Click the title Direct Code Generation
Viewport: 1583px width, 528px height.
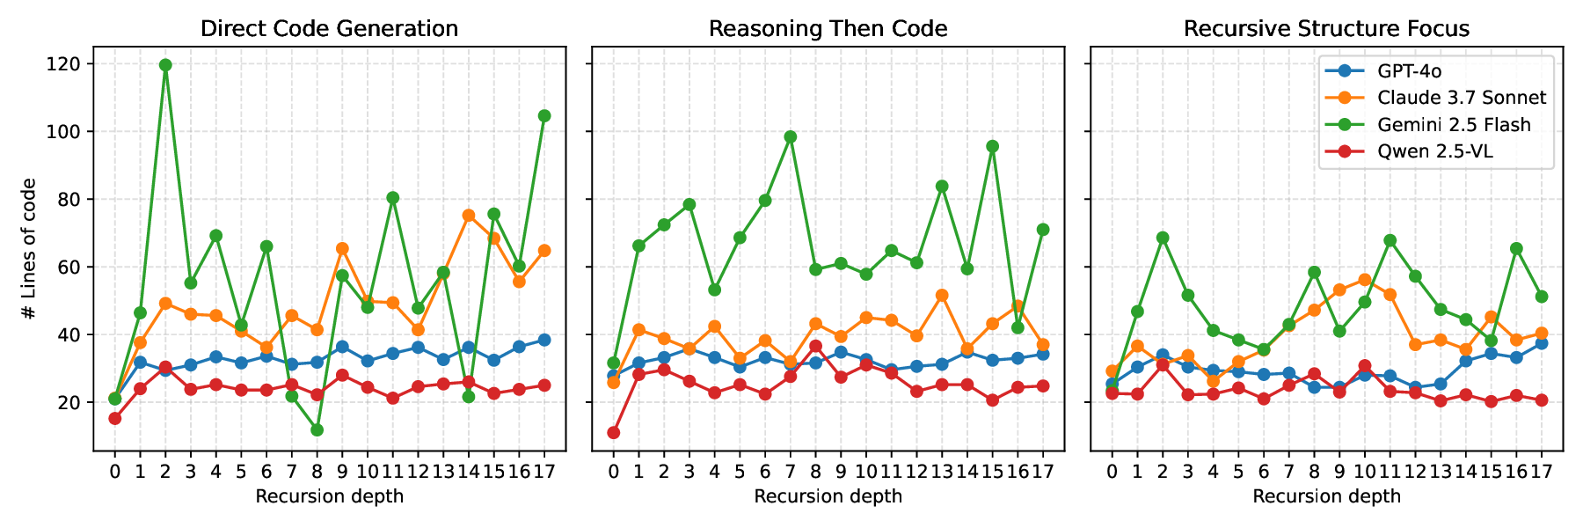coord(329,29)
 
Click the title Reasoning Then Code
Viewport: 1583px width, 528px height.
coord(828,29)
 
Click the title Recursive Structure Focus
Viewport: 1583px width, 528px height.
coord(1326,29)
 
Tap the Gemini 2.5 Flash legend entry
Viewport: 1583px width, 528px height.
coord(1454,125)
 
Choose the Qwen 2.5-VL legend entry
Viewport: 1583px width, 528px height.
coord(1434,152)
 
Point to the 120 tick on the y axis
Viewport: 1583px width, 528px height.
coord(69,64)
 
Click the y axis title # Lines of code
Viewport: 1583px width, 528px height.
coord(29,249)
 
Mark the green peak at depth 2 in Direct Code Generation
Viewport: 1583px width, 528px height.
coord(165,65)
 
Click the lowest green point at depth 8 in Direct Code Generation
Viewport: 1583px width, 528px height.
coord(317,430)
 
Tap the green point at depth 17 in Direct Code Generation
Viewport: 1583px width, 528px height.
coord(544,116)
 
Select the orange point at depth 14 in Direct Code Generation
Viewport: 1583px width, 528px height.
coord(469,216)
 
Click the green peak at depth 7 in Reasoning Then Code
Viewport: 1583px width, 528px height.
coord(790,137)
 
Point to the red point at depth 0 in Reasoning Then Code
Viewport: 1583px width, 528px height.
coord(613,433)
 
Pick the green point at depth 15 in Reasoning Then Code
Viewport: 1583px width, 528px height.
coord(992,146)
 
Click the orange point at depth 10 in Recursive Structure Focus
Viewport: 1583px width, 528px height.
coord(1364,280)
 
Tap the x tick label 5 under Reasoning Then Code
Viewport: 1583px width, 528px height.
coord(740,473)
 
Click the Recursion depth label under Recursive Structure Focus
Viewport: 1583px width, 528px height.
coord(1326,496)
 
